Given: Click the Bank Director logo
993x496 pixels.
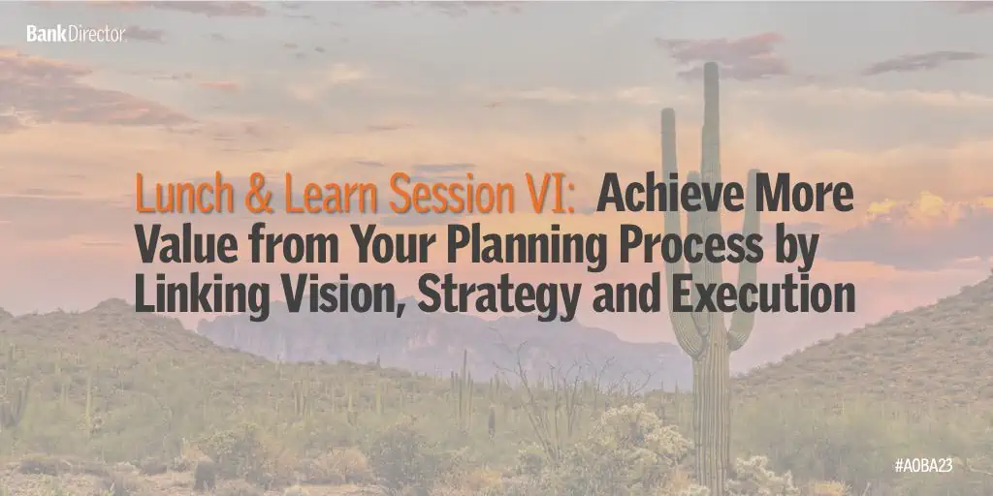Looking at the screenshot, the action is point(76,34).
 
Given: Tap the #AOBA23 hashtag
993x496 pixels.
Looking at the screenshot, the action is point(931,466).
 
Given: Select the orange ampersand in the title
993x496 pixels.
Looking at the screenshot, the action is point(260,193).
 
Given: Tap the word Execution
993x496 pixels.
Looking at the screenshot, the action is point(764,294).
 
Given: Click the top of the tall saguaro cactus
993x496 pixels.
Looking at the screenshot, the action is point(711,64).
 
